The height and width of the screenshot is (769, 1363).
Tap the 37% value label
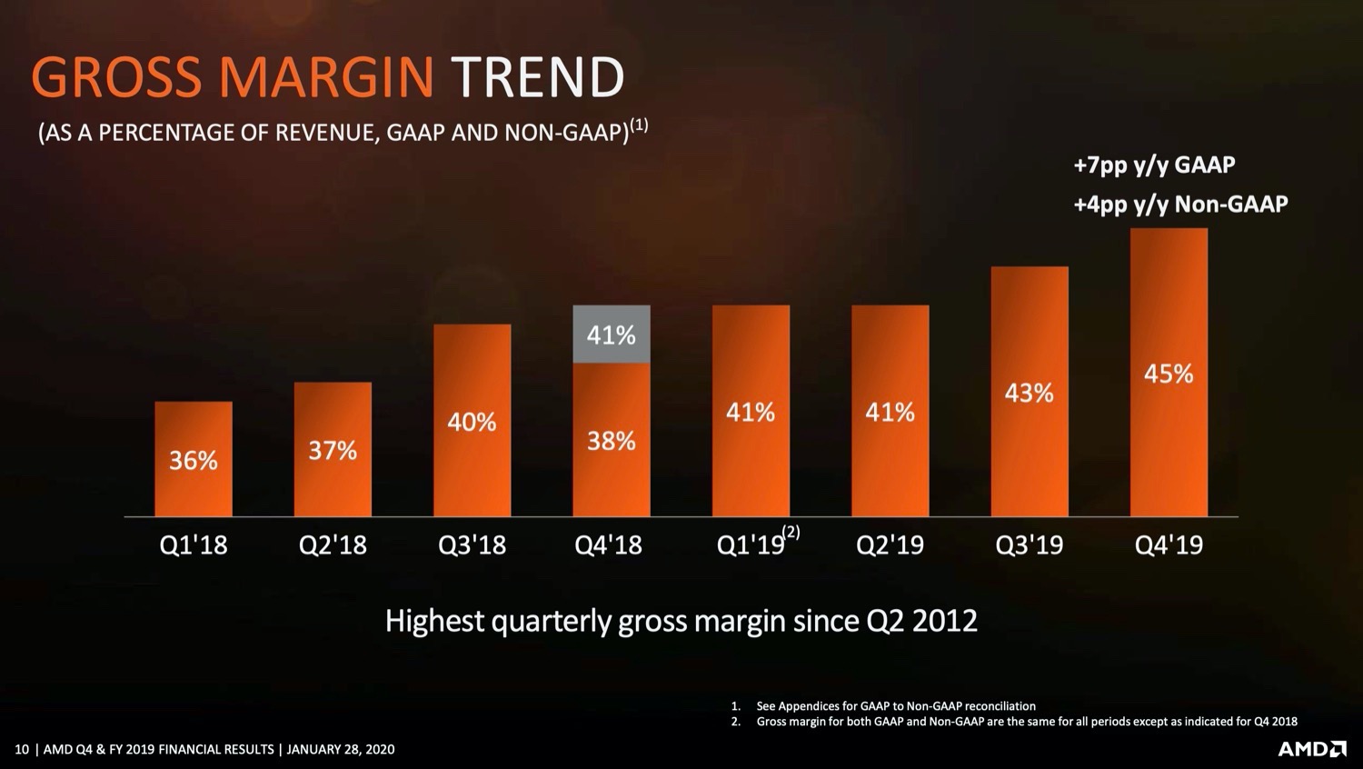click(x=333, y=450)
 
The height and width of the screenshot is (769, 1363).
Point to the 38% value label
click(x=612, y=441)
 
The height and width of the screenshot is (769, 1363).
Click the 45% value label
click(x=1169, y=374)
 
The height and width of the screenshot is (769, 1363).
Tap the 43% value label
click(x=1030, y=393)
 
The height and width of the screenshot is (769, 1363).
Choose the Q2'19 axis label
click(x=890, y=544)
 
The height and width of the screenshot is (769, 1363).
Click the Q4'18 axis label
click(x=609, y=544)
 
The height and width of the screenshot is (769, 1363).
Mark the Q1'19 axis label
click(x=751, y=544)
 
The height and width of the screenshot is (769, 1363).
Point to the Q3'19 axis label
click(x=1030, y=544)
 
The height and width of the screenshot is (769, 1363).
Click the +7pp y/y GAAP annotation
click(x=1154, y=165)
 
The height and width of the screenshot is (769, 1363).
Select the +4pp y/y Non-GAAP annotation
click(x=1180, y=205)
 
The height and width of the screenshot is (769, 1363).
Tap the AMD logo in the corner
click(x=1312, y=749)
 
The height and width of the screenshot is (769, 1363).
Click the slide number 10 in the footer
click(x=21, y=750)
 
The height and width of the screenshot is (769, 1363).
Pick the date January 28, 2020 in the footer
click(x=341, y=750)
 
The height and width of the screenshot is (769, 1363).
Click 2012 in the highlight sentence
click(x=944, y=621)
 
